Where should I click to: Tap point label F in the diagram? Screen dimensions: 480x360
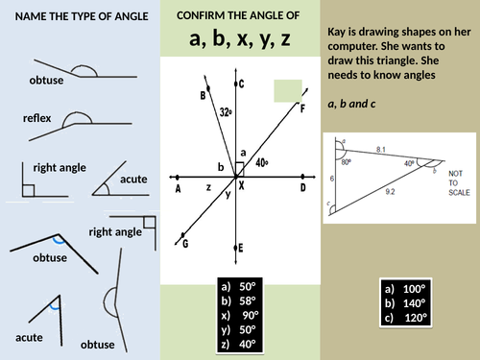tap(302, 108)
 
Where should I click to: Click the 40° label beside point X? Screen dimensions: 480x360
tap(262, 162)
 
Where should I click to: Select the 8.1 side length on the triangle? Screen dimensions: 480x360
tap(381, 149)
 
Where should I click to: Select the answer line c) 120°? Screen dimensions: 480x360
tap(408, 318)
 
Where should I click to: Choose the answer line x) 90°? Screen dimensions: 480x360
tap(240, 314)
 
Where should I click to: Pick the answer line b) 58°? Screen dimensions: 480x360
tap(240, 300)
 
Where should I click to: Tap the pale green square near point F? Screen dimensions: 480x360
tap(287, 90)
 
